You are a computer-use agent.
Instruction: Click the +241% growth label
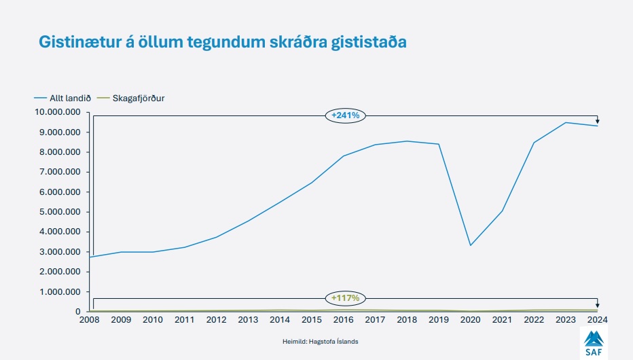[345, 115]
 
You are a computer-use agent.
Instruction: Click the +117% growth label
[345, 298]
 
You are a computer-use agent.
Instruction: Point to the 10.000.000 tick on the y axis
[58, 112]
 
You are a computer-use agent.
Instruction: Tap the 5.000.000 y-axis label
[60, 212]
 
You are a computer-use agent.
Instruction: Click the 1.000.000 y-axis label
[60, 292]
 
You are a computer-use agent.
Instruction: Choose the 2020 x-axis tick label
[470, 320]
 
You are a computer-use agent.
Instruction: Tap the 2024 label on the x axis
[596, 320]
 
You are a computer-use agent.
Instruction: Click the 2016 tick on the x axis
[344, 320]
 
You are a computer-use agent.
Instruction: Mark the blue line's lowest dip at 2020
[470, 245]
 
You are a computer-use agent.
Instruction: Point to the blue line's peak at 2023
[565, 122]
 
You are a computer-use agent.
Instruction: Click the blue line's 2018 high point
[407, 141]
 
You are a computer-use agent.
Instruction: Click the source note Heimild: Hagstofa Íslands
[320, 341]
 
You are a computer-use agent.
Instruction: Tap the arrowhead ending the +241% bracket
[597, 121]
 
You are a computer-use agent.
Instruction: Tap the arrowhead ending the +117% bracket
[597, 306]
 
